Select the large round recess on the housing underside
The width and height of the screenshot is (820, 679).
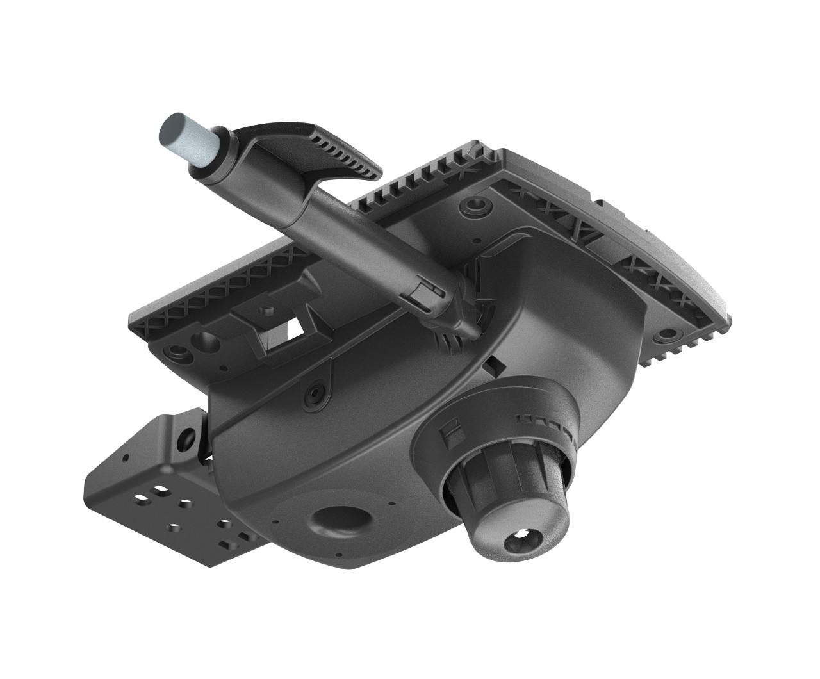click(x=340, y=519)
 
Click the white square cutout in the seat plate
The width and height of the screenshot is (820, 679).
click(x=295, y=330)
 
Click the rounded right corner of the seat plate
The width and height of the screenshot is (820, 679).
click(x=721, y=307)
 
